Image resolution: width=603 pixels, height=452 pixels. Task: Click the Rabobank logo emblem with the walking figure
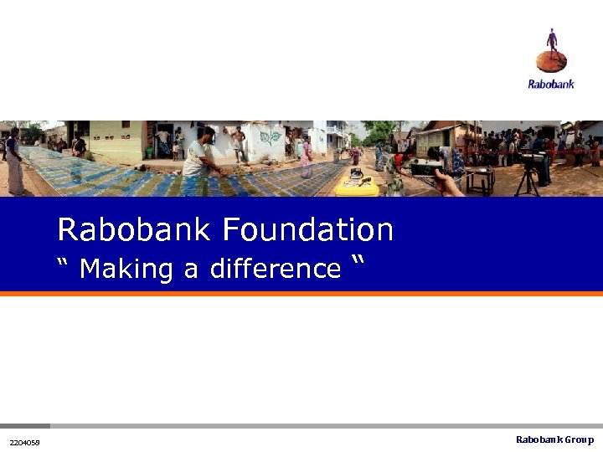point(551,52)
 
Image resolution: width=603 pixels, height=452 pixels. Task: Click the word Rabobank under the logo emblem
point(551,84)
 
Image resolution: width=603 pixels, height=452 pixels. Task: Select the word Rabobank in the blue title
point(139,229)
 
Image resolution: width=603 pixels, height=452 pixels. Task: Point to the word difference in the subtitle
point(276,269)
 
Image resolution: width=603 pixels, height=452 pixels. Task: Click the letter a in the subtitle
point(191,270)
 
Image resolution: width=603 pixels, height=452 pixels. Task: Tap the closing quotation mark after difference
point(360,263)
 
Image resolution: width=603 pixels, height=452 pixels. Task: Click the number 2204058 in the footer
point(24,442)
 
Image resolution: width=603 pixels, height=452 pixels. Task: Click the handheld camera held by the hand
point(427,167)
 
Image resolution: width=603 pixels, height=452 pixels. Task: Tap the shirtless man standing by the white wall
point(239,142)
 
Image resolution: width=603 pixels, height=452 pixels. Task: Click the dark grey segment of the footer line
point(25,425)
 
